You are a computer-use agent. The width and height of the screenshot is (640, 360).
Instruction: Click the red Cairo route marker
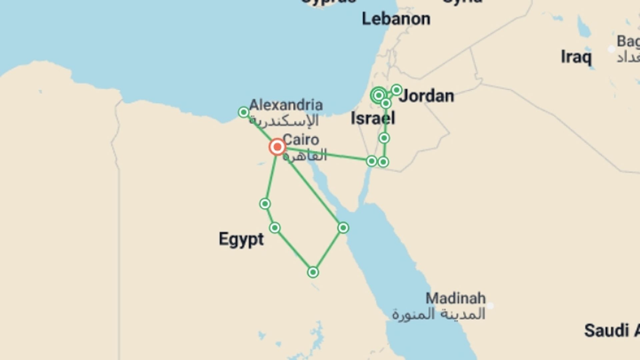pyautogui.click(x=277, y=147)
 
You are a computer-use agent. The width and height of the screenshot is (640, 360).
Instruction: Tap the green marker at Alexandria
pyautogui.click(x=244, y=112)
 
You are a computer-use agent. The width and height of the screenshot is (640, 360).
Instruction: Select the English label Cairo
pyautogui.click(x=301, y=140)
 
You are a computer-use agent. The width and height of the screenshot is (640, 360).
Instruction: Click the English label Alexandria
pyautogui.click(x=286, y=105)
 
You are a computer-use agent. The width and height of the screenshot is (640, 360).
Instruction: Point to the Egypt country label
pyautogui.click(x=241, y=239)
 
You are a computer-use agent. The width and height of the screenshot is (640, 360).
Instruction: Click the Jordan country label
pyautogui.click(x=426, y=96)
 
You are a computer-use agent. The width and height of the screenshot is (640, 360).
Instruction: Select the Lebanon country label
pyautogui.click(x=396, y=19)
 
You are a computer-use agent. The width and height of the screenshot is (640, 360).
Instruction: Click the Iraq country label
pyautogui.click(x=576, y=57)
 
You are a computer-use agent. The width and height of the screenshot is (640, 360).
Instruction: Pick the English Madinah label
pyautogui.click(x=455, y=298)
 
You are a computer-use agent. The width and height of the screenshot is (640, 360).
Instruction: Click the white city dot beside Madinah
pyautogui.click(x=490, y=306)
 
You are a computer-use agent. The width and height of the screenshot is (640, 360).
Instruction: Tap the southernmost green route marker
pyautogui.click(x=313, y=272)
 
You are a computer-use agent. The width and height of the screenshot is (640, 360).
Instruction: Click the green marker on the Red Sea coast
pyautogui.click(x=343, y=228)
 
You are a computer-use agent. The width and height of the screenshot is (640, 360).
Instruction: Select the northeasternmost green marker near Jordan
pyautogui.click(x=396, y=90)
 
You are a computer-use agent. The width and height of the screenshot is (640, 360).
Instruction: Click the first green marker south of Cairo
pyautogui.click(x=265, y=204)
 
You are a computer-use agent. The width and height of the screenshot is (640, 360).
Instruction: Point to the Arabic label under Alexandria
pyautogui.click(x=284, y=121)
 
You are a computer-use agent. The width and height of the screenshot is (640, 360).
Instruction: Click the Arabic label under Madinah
pyautogui.click(x=438, y=314)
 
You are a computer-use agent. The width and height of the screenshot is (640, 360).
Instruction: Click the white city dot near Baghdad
pyautogui.click(x=611, y=49)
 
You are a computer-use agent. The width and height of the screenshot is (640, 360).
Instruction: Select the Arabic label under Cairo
pyautogui.click(x=305, y=155)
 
